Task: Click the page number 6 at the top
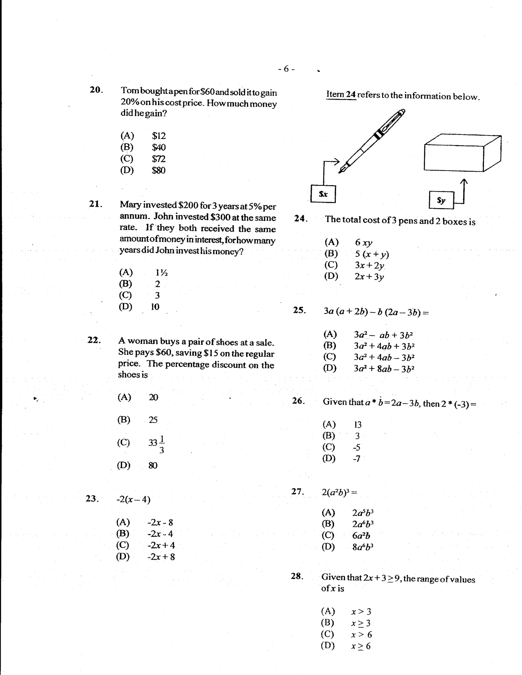pos(286,68)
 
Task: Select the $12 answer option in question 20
pos(159,136)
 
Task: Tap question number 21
pos(95,204)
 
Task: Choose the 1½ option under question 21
pos(161,273)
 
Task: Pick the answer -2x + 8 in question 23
pos(161,557)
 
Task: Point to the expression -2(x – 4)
pos(133,500)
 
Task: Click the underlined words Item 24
pos(341,94)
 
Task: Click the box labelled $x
pos(323,194)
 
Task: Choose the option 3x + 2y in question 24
pos(369,265)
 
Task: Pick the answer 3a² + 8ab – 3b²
pos(384,369)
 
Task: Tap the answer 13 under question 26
pos(358,425)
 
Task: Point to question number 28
pos(296,576)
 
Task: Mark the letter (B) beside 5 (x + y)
pos(331,253)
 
